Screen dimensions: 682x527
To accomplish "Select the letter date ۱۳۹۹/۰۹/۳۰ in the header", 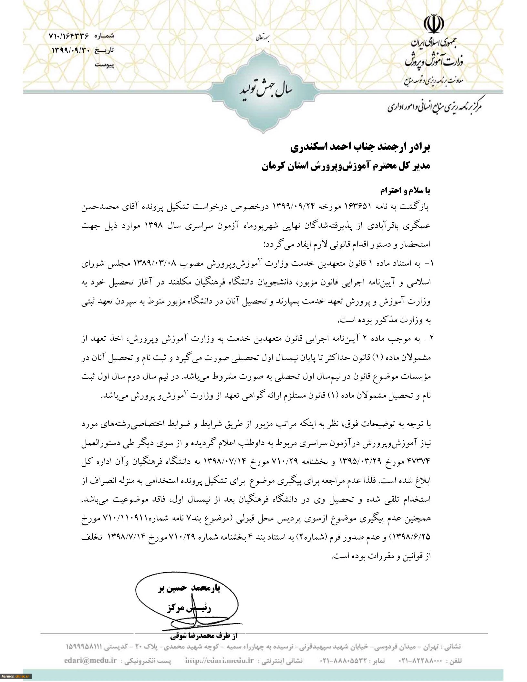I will point(70,51).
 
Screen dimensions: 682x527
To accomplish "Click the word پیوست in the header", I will point(104,65).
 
